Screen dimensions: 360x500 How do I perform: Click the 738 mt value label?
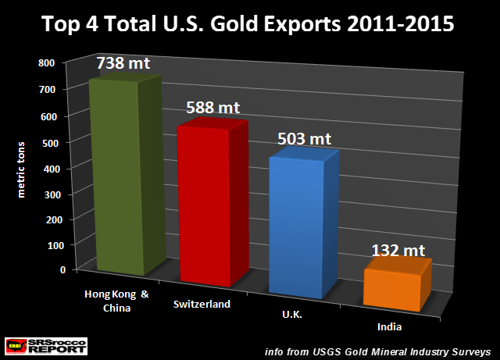pyautogui.click(x=123, y=62)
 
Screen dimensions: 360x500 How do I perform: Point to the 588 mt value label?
pyautogui.click(x=213, y=105)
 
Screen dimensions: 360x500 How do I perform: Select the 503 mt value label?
pyautogui.click(x=305, y=139)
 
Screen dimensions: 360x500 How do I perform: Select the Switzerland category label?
pyautogui.click(x=202, y=304)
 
